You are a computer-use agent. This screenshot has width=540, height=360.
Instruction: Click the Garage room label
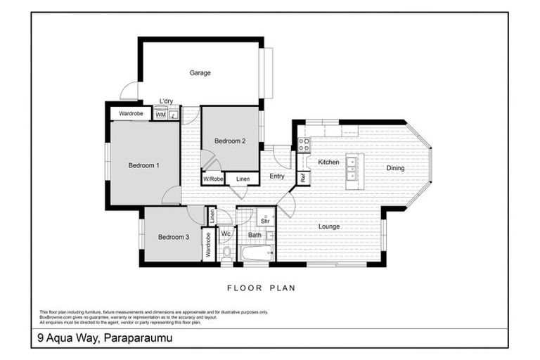point(200,72)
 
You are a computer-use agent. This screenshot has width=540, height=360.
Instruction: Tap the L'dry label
point(167,101)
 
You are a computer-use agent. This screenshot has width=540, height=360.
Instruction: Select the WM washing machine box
point(160,114)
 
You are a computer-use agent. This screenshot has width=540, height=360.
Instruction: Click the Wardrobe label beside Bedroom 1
point(131,113)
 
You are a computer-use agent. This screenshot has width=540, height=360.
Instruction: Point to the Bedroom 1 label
point(143,165)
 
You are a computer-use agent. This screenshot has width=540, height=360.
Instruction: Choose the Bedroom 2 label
point(230,141)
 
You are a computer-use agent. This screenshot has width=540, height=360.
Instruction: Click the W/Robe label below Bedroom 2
point(213,179)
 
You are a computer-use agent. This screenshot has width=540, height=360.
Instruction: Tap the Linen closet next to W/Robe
point(242,179)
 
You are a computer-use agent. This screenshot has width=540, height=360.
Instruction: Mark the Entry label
point(276,176)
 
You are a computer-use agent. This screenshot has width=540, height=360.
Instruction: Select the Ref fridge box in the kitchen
point(303,178)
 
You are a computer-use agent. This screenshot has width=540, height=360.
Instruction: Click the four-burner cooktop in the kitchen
point(304,145)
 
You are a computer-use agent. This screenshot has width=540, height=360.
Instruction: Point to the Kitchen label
point(328,162)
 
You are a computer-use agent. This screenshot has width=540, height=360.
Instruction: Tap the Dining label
point(395,168)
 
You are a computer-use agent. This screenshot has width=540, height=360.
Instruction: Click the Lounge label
point(329,226)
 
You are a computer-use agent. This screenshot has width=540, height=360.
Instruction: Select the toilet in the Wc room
point(226,252)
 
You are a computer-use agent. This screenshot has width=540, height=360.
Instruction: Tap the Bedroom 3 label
point(173,237)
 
